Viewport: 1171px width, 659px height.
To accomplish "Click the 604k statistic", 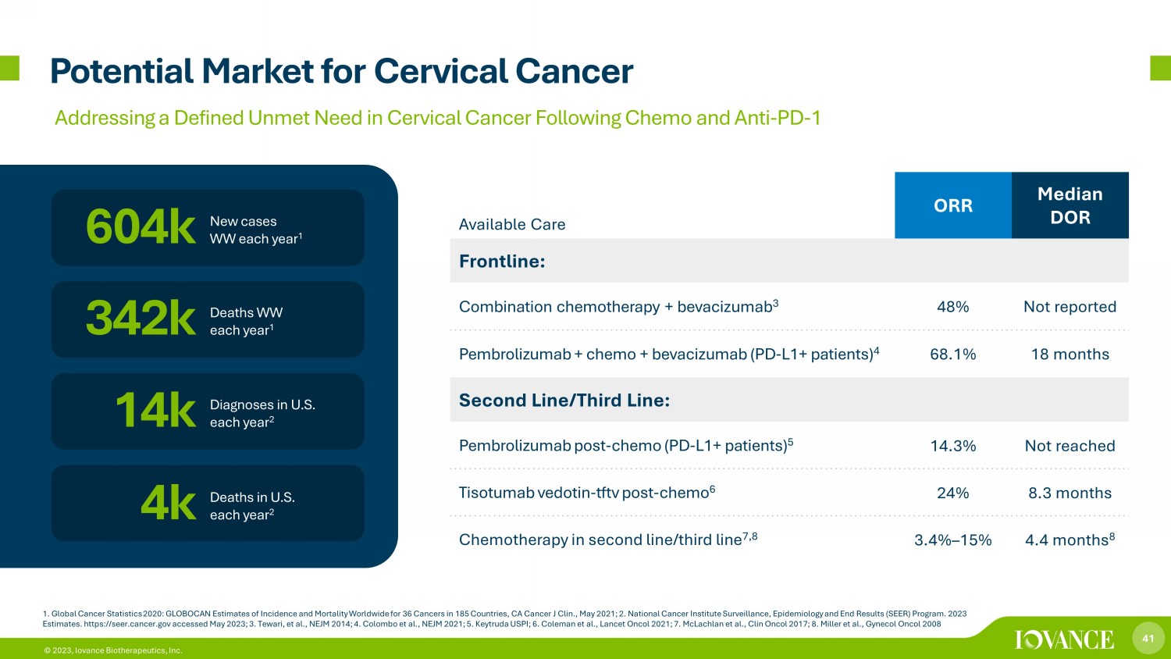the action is (141, 227).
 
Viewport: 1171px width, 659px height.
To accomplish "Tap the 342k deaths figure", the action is (141, 319).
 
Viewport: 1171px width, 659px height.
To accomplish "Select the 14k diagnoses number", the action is (155, 411).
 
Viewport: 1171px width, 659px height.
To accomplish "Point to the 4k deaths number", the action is (169, 503).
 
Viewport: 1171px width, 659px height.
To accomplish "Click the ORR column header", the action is (953, 205).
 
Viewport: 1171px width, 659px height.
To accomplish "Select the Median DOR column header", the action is (1070, 205).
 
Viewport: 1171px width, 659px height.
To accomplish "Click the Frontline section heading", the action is (502, 261).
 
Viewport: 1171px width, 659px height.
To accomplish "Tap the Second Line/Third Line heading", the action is (564, 400).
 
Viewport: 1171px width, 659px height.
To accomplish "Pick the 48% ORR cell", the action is (952, 307).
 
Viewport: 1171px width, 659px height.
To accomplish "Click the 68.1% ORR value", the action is (952, 354).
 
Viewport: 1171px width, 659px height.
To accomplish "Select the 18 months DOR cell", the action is (1070, 354).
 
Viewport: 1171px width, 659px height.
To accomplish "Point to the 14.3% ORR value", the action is (952, 446).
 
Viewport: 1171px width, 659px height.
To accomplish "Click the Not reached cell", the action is (1070, 446).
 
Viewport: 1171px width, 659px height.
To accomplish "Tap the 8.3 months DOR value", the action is (1070, 493).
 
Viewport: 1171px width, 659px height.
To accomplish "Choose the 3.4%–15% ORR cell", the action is (952, 540).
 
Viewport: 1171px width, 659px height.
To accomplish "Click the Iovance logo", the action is (1064, 639).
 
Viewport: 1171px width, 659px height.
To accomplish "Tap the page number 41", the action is (1148, 638).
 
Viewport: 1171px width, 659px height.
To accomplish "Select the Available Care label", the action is (512, 224).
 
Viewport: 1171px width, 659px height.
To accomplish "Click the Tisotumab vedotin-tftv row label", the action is (586, 492).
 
